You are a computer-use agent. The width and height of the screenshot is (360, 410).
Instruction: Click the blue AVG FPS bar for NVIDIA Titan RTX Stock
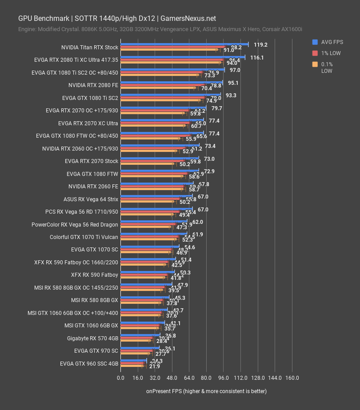pos(184,44)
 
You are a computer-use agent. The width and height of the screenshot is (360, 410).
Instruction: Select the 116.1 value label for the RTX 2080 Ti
pos(257,58)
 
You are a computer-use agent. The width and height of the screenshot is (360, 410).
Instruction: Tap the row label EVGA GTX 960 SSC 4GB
pos(89,363)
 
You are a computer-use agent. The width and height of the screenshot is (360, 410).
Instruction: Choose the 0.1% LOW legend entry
pos(327,68)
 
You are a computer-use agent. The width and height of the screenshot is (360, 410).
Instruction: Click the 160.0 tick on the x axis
pos(292,378)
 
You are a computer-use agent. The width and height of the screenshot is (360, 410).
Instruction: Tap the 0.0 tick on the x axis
pos(120,378)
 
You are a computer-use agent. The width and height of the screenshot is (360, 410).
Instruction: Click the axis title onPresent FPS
pos(206,391)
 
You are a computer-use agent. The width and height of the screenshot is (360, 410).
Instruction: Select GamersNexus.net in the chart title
pos(187,18)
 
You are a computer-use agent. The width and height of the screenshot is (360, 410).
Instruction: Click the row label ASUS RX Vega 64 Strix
pos(91,199)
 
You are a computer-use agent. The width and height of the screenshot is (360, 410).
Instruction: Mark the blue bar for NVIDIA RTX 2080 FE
pos(171,82)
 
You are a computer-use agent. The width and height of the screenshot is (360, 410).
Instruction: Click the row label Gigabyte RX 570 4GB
pos(92,338)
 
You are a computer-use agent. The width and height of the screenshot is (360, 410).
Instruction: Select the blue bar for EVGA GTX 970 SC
pos(140,348)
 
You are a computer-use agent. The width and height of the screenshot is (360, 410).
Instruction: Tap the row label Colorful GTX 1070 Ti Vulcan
pos(84,237)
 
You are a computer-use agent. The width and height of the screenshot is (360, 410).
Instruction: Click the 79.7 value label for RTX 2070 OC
pos(217,108)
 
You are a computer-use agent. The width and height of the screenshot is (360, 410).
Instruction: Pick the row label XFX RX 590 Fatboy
pos(94,275)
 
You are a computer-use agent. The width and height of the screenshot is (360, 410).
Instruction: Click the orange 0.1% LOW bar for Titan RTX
pos(169,50)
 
